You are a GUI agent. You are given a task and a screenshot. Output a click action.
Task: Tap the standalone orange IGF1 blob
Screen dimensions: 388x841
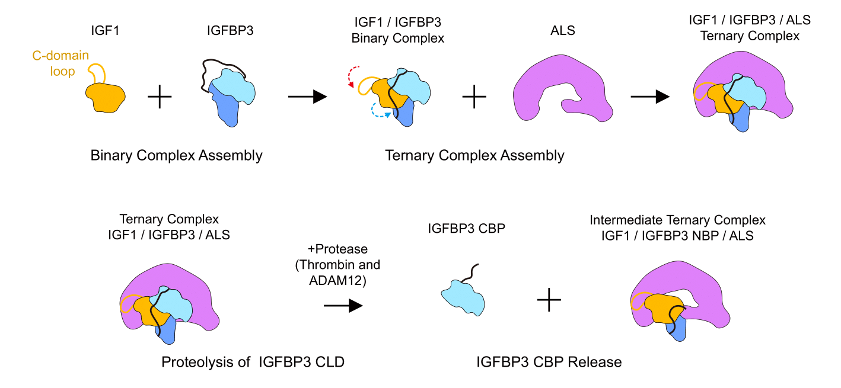coord(106,97)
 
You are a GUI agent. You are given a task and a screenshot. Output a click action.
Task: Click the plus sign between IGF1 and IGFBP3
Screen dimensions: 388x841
coord(159,97)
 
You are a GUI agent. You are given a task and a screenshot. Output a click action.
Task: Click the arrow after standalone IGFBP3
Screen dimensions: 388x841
coord(307,97)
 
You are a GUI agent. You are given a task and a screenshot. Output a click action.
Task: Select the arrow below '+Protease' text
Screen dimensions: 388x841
coord(343,306)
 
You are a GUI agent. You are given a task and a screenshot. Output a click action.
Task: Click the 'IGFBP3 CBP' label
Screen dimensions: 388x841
coord(466,227)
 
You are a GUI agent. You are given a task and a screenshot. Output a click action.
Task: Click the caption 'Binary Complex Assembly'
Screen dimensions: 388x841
coord(176,156)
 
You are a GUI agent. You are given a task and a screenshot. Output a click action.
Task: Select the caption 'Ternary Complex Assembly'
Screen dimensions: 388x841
coord(474,156)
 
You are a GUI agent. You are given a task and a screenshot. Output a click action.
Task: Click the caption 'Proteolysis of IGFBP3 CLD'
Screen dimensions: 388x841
coord(253,361)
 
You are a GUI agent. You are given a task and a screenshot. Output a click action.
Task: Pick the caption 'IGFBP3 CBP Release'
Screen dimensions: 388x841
coord(549,361)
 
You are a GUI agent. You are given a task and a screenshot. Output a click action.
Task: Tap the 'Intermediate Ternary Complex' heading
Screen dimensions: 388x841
coord(677,220)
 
